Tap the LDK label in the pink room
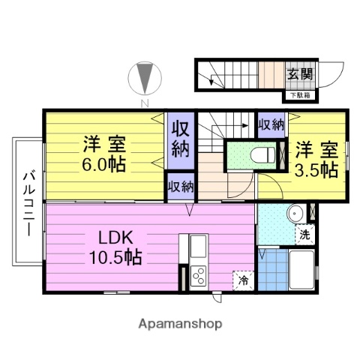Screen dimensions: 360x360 (116, 238)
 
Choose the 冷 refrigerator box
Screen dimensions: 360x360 (244, 280)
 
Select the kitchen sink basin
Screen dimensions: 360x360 (198, 245)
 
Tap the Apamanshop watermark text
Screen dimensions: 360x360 (180, 324)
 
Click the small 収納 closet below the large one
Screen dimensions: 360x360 (180, 186)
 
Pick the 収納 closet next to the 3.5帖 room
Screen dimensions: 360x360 (271, 124)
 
